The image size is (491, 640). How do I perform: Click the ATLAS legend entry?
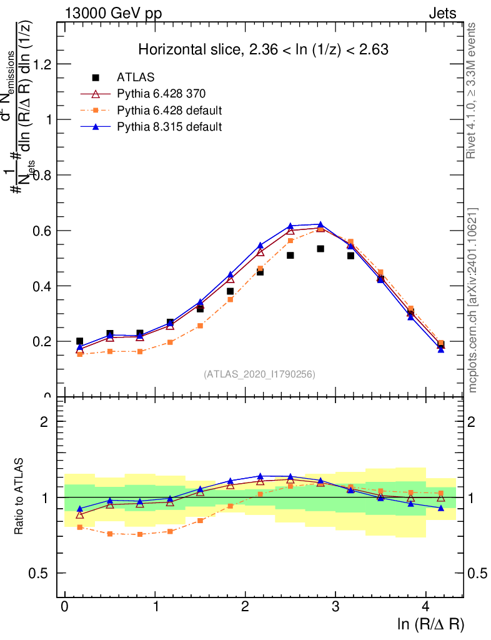pyautogui.click(x=136, y=77)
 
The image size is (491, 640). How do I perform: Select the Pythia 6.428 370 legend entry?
pyautogui.click(x=161, y=94)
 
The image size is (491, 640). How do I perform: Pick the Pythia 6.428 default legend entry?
pyautogui.click(x=169, y=111)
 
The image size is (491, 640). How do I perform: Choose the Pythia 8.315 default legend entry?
pyautogui.click(x=169, y=127)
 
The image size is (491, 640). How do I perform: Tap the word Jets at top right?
pyautogui.click(x=442, y=13)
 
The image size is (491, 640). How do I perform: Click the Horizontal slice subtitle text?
pyautogui.click(x=264, y=50)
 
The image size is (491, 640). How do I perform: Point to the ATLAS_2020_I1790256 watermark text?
pyautogui.click(x=259, y=374)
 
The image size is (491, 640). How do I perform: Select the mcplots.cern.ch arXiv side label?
pyautogui.click(x=473, y=300)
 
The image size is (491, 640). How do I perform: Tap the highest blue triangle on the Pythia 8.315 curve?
pyautogui.click(x=320, y=224)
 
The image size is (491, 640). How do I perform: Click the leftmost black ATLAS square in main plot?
pyautogui.click(x=79, y=341)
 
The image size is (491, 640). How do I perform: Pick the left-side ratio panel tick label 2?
pyautogui.click(x=44, y=421)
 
